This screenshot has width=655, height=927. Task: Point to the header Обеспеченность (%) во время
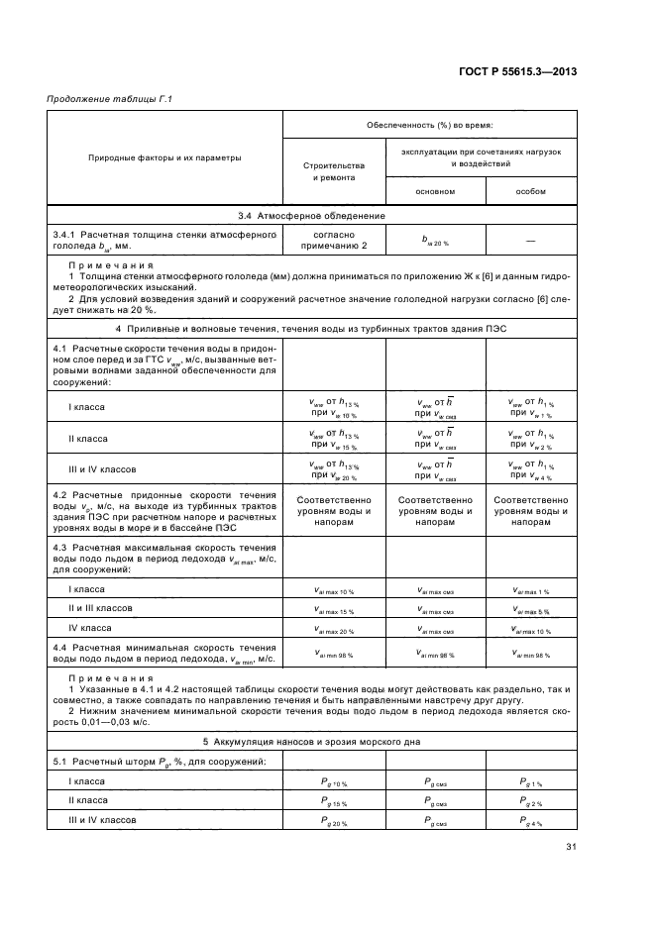430,126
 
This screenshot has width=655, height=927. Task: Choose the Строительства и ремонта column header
333,172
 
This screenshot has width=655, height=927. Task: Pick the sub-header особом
531,191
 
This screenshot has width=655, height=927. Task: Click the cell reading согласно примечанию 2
333,238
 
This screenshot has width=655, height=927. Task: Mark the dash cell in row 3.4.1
531,238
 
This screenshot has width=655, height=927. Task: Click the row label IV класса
89,628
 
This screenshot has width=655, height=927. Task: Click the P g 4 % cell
531,821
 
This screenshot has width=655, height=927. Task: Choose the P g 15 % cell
333,801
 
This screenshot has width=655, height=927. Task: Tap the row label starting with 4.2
164,507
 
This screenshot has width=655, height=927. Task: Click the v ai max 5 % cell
531,609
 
